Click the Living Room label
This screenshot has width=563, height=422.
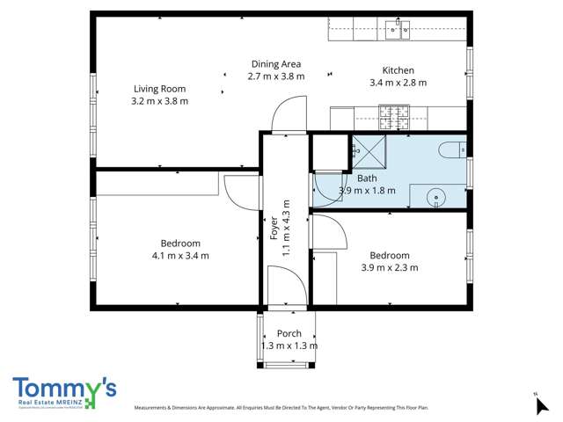point(159,88)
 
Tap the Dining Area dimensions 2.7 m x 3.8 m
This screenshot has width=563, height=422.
point(276,76)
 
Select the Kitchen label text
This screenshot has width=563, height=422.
point(398,70)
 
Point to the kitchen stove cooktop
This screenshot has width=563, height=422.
point(395,114)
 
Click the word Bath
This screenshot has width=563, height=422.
point(367,178)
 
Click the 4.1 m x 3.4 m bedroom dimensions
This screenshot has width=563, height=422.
point(180,256)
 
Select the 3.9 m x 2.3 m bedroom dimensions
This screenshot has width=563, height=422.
point(389,267)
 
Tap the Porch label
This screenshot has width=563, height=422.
point(289,333)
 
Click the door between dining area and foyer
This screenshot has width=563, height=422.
point(288,116)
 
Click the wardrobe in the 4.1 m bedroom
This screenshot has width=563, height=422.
point(157,184)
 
